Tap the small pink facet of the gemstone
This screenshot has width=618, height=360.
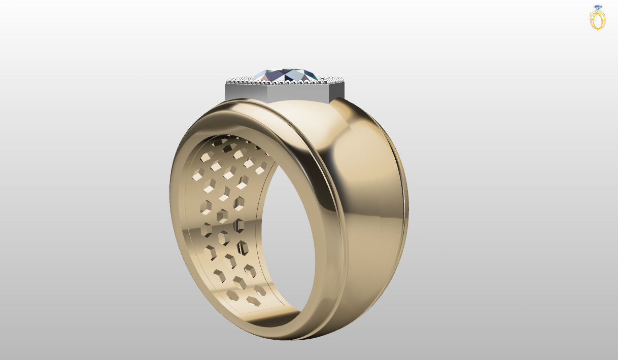pos(268,77)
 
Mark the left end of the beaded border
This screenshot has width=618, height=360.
pos(228,81)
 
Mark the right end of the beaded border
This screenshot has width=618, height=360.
pos(343,81)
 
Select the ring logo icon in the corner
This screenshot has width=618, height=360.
pos(598,18)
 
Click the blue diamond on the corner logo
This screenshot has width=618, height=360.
pos(598,8)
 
